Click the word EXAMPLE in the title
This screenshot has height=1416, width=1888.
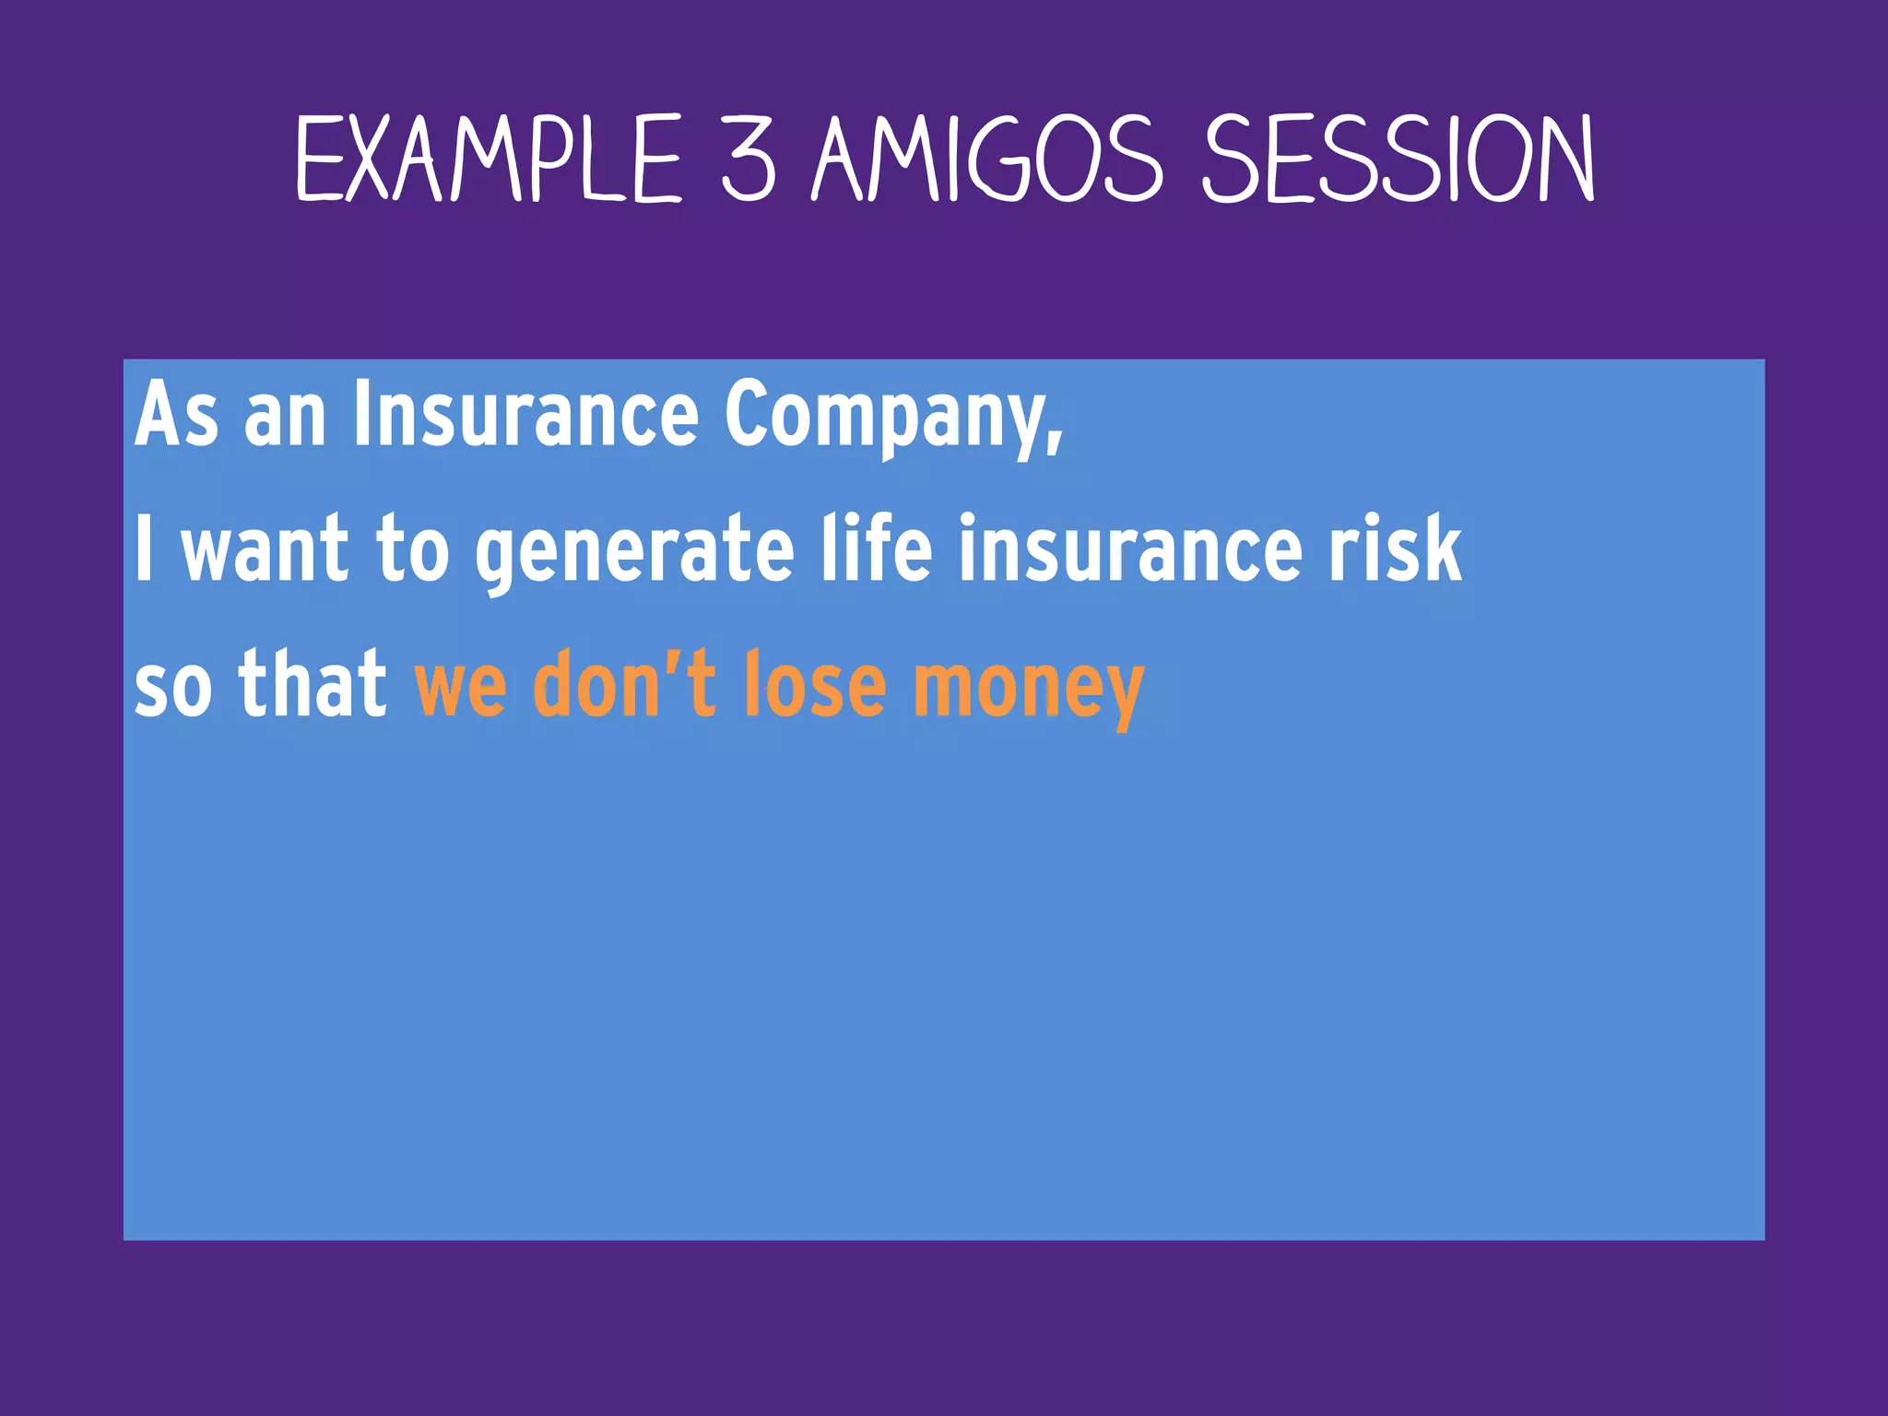pyautogui.click(x=489, y=159)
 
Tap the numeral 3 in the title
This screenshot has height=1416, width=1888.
pyautogui.click(x=748, y=159)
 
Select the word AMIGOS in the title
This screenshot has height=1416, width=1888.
pyautogui.click(x=987, y=159)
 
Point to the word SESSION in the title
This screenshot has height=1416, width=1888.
pyautogui.click(x=1398, y=159)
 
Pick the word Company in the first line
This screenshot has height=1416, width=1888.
pyautogui.click(x=885, y=417)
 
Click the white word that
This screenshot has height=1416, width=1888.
pyautogui.click(x=313, y=684)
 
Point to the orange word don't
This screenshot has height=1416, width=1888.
pyautogui.click(x=624, y=684)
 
